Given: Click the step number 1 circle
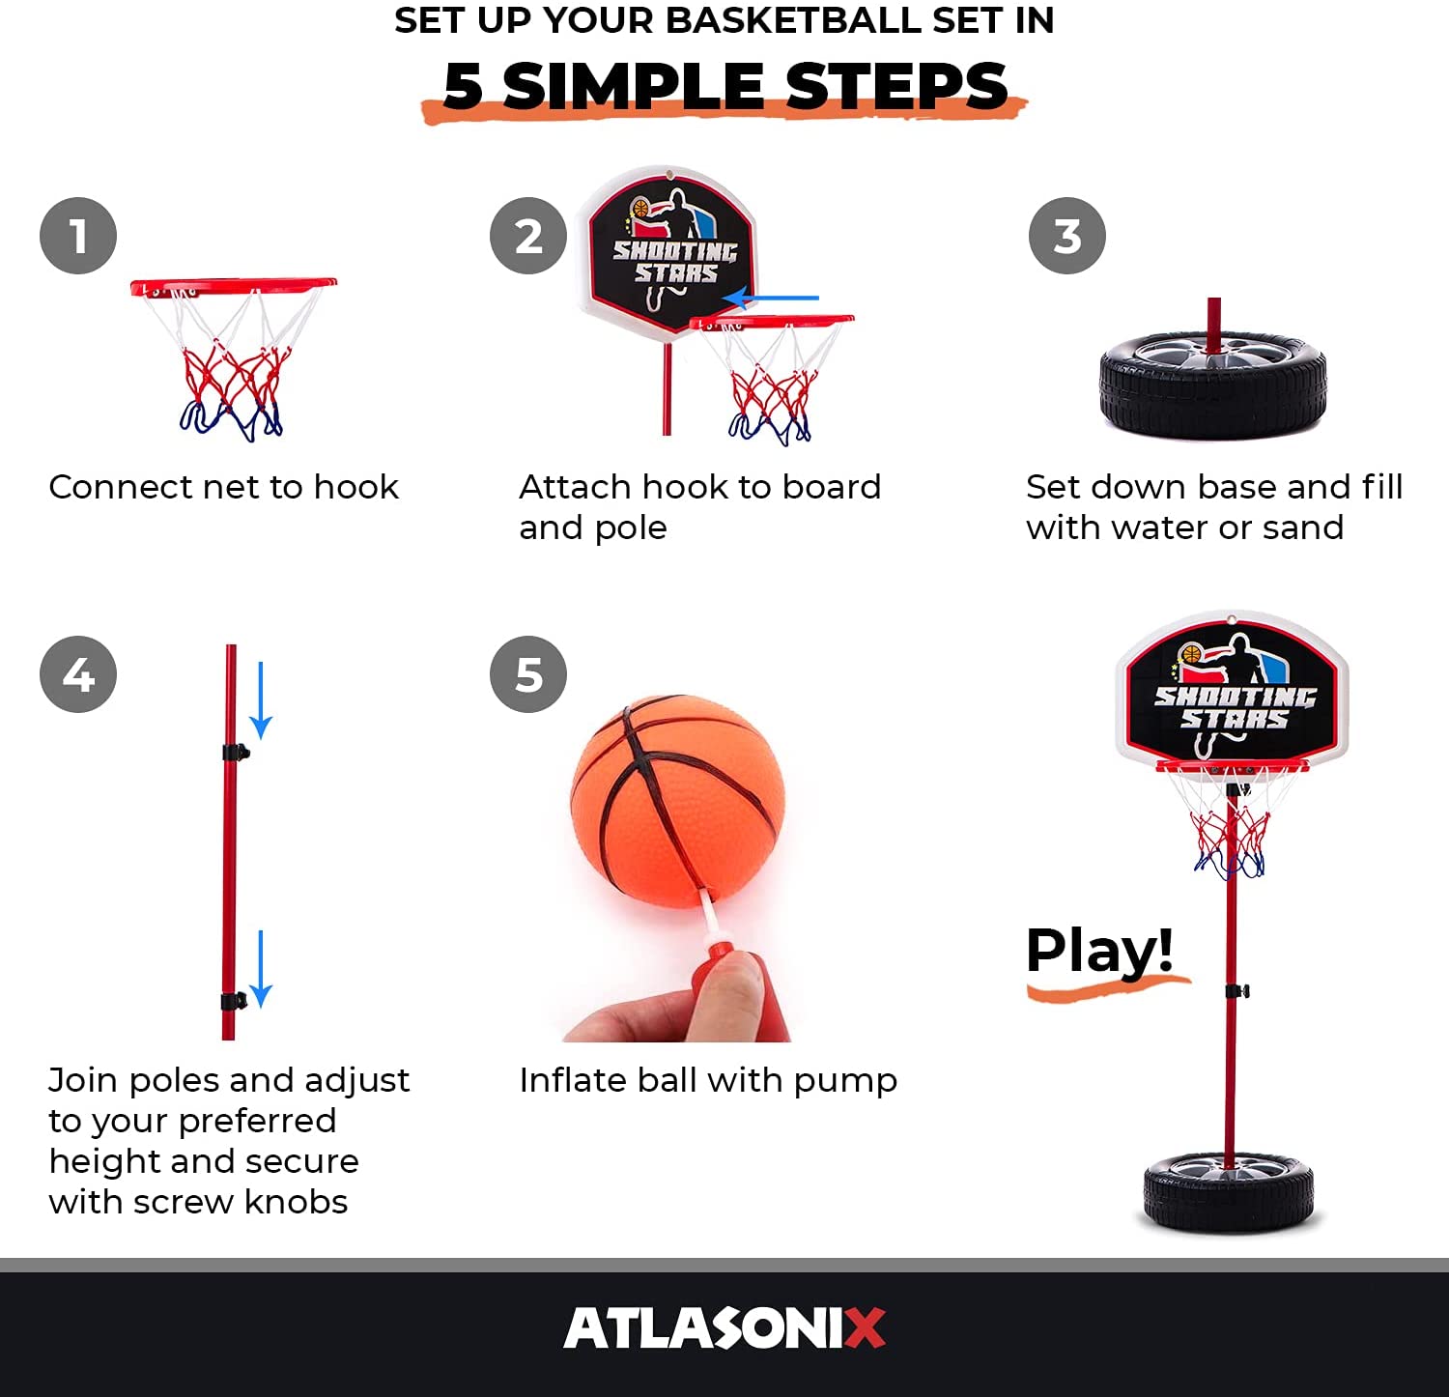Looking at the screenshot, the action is coord(78,236).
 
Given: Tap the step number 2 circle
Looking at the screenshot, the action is coord(528,236).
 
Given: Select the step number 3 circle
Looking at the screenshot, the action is coord(1067,236).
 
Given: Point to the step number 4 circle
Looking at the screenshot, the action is coord(78,674).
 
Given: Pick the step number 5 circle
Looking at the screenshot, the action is coord(528,674).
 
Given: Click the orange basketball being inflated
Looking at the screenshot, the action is coord(677,800).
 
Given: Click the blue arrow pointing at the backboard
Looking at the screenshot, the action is coord(771,298).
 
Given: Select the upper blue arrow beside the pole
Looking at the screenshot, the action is coord(261,701).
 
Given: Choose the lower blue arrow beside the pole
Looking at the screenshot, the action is coord(261,969).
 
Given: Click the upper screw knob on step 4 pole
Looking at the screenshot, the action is coord(235,752).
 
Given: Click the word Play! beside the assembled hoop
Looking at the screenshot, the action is coord(1099,951).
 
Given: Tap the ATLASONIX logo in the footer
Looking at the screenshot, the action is coord(724,1327).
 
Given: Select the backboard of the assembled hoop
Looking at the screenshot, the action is coord(1232,688).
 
